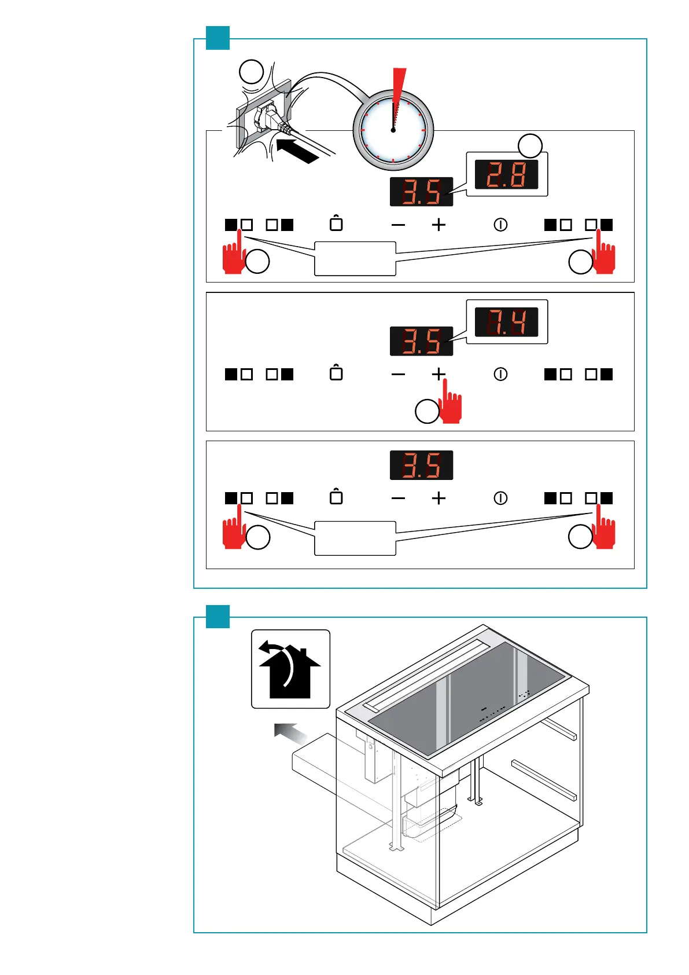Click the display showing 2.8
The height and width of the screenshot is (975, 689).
(x=506, y=174)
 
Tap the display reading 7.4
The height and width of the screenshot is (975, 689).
(x=506, y=322)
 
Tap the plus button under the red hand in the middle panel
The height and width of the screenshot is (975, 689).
(x=439, y=374)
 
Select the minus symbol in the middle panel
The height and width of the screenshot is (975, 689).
(x=398, y=374)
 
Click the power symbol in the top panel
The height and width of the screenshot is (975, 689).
(x=500, y=225)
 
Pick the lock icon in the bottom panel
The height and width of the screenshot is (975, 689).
(x=336, y=497)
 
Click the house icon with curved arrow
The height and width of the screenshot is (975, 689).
(x=290, y=669)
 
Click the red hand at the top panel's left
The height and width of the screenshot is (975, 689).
(x=234, y=255)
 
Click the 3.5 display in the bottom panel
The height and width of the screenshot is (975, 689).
(x=421, y=465)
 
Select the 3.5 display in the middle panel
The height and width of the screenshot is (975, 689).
(x=421, y=341)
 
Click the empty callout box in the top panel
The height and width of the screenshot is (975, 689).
(x=355, y=258)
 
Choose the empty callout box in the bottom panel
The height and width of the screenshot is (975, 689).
(x=355, y=538)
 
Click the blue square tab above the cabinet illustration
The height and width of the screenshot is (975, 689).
(x=218, y=616)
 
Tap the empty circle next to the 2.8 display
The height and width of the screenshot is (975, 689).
(x=530, y=145)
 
